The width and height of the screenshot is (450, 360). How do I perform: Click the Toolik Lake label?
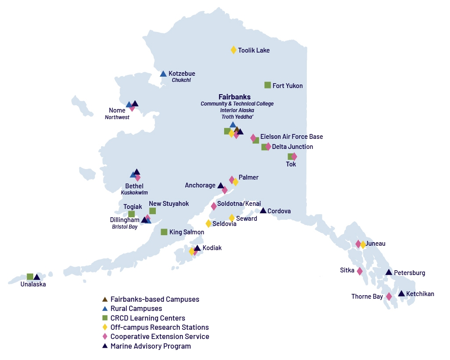coord(254,50)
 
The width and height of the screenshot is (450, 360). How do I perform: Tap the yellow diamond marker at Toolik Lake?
coord(234,50)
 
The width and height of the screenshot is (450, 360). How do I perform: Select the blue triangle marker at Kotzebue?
coord(163,74)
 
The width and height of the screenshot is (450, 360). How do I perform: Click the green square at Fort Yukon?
coord(268,85)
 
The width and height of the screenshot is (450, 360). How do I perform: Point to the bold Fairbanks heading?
coord(235,97)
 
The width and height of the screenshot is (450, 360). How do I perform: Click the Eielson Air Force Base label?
coord(292,137)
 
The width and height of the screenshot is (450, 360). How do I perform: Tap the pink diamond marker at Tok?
coord(294,156)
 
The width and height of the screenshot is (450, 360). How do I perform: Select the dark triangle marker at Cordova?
coord(263,211)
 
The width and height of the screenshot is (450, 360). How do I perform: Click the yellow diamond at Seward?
coord(232,218)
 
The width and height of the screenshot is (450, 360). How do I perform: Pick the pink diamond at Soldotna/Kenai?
coord(214,206)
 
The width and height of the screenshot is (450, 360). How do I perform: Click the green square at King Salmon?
coord(164,232)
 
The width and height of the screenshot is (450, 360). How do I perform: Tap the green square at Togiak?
coord(131,214)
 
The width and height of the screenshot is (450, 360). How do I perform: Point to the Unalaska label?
coord(33,284)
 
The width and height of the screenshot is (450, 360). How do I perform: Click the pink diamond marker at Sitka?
coord(360,271)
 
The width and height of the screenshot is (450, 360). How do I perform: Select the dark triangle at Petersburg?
coord(389,272)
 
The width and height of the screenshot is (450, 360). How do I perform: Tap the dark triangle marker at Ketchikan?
coord(401,293)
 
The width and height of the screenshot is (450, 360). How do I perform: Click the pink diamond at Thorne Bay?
coord(389,296)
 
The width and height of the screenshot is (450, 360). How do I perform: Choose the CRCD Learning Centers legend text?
coord(148,318)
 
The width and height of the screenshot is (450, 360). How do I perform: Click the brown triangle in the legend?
coord(105,300)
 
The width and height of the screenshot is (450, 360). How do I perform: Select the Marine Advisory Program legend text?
coord(151,346)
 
